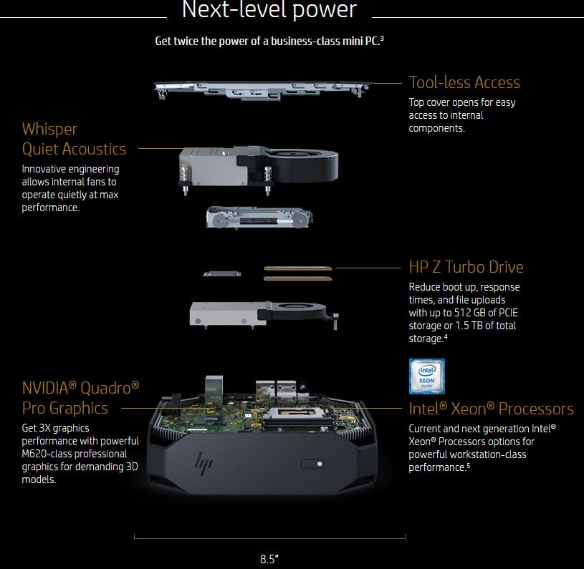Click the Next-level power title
point(269,10)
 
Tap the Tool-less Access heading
point(464,82)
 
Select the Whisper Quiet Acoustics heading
point(74,139)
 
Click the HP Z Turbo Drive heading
point(466,267)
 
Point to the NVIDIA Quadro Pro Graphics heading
point(80,398)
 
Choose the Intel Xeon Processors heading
point(491,409)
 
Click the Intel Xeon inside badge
point(426,376)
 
